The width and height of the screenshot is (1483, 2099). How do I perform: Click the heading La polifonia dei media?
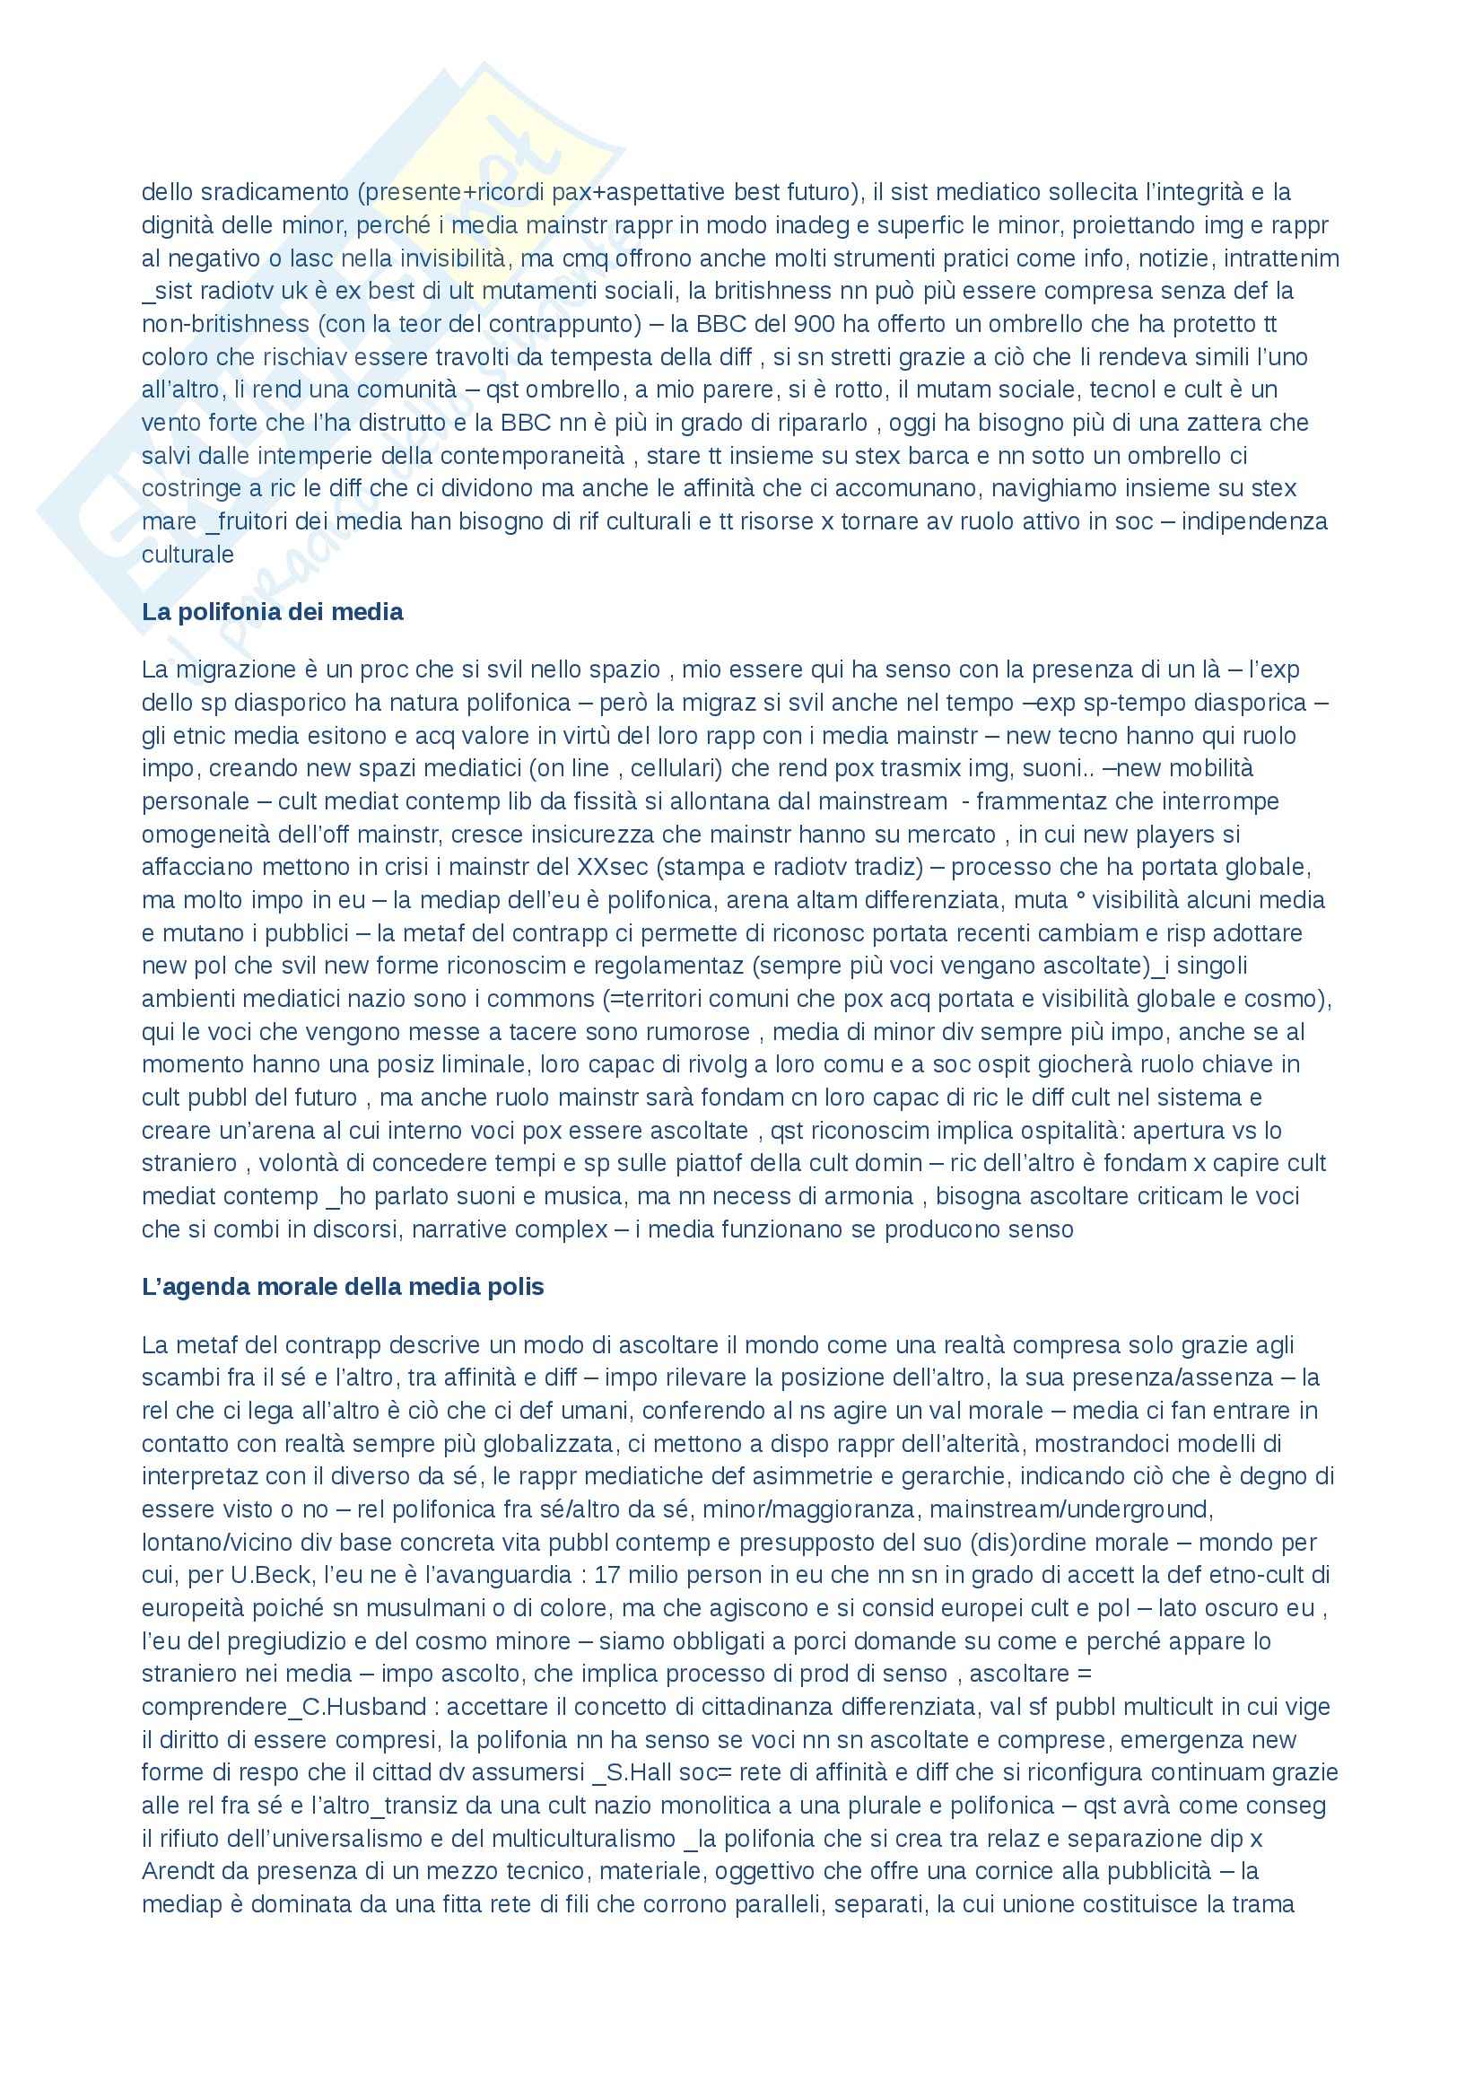(273, 613)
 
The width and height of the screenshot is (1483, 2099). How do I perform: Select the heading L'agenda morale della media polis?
(343, 1287)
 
